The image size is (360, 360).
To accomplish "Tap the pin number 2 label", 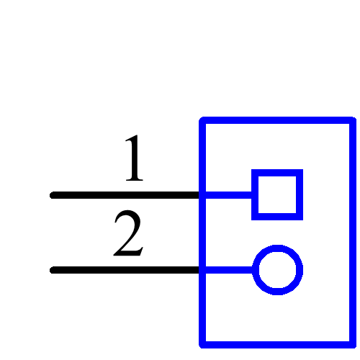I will pyautogui.click(x=129, y=235).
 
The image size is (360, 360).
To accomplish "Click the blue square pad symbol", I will pyautogui.click(x=277, y=194).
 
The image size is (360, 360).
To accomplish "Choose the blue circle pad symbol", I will pyautogui.click(x=277, y=270).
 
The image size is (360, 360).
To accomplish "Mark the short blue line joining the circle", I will pyautogui.click(x=229, y=271).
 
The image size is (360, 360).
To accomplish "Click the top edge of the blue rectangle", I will pyautogui.click(x=277, y=120).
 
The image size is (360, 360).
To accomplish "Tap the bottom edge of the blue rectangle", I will pyautogui.click(x=277, y=343).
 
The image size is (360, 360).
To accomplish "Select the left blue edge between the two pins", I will pyautogui.click(x=202, y=233).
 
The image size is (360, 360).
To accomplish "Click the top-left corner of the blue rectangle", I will pyautogui.click(x=203, y=120).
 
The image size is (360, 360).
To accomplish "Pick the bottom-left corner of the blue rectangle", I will pyautogui.click(x=203, y=343).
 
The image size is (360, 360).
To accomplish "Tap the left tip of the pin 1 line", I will pyautogui.click(x=53, y=195).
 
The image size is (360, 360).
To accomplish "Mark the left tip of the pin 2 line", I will pyautogui.click(x=53, y=271).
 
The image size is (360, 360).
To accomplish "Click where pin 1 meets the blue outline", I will pyautogui.click(x=202, y=195).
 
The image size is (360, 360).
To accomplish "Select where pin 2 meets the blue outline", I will pyautogui.click(x=202, y=271).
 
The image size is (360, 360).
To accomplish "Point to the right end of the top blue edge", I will pyautogui.click(x=351, y=120).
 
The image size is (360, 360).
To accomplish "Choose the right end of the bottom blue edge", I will pyautogui.click(x=351, y=343).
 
